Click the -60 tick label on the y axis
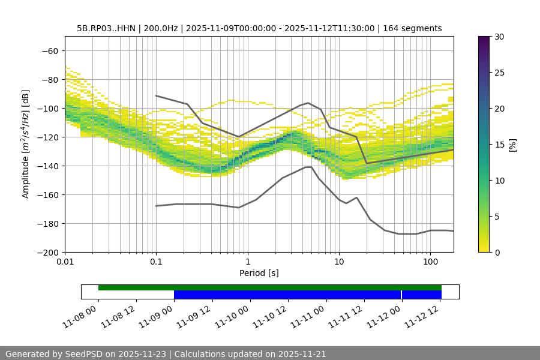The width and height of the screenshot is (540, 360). pos(50,50)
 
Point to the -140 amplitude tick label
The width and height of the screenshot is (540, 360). pos(47,166)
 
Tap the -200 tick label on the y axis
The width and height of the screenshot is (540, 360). pos(47,252)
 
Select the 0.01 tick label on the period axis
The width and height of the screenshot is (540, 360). pos(65,262)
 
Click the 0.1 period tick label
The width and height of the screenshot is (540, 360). pos(156,262)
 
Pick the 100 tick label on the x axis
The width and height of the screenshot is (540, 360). pos(430,262)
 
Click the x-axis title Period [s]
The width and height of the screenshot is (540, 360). pos(259,273)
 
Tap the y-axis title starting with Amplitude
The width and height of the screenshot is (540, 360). pos(26,144)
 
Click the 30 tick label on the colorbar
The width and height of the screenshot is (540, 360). pos(499,37)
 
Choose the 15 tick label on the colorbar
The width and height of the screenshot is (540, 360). pos(499,145)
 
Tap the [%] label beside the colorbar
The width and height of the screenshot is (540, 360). pos(512,145)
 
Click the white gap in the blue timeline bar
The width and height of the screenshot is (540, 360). pos(401,295)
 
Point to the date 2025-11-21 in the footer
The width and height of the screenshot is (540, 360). pos(301,354)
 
